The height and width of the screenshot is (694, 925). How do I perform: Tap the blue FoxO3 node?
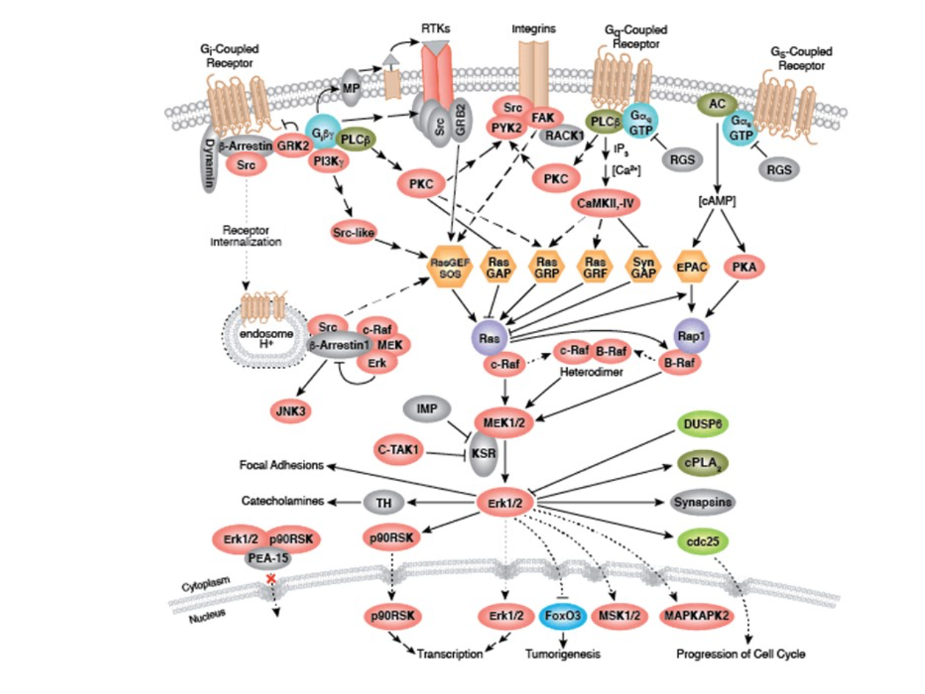tap(562, 616)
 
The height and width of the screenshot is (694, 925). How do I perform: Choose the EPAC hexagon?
tap(691, 269)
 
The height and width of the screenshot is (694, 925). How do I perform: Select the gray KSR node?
tap(483, 455)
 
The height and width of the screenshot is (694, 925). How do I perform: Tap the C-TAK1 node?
tap(398, 447)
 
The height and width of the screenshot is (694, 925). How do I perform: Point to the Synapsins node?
tap(703, 503)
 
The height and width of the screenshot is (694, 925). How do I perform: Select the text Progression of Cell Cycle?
tap(741, 654)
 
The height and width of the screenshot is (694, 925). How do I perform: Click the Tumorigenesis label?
tap(562, 654)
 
